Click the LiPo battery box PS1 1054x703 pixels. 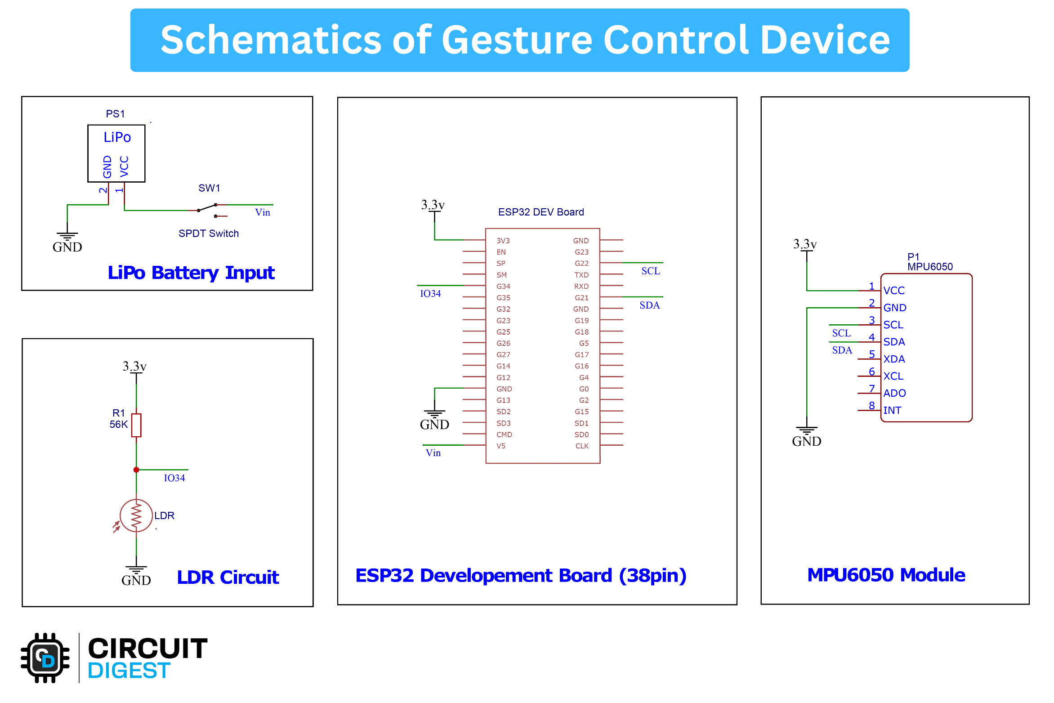pos(116,153)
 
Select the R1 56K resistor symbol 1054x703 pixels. pos(136,425)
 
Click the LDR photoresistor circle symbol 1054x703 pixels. pos(136,515)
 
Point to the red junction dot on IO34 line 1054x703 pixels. pos(136,470)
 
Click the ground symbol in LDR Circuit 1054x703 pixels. pos(136,570)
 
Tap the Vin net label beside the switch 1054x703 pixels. pos(263,213)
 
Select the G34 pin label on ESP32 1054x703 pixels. pos(503,286)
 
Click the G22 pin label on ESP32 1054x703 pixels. pos(581,264)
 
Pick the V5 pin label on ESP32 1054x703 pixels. pos(501,446)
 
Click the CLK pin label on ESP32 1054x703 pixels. pos(581,446)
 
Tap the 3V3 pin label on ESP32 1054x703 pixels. pos(503,241)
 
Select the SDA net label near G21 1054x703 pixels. pos(649,305)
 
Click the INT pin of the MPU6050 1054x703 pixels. pos(892,410)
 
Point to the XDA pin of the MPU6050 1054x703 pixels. pos(893,359)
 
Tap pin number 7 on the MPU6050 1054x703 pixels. pos(871,388)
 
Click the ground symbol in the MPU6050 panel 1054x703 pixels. pos(807,430)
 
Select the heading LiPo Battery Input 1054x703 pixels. pos(191,273)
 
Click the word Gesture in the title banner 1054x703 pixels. pos(518,40)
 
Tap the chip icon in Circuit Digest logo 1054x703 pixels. pos(45,658)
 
